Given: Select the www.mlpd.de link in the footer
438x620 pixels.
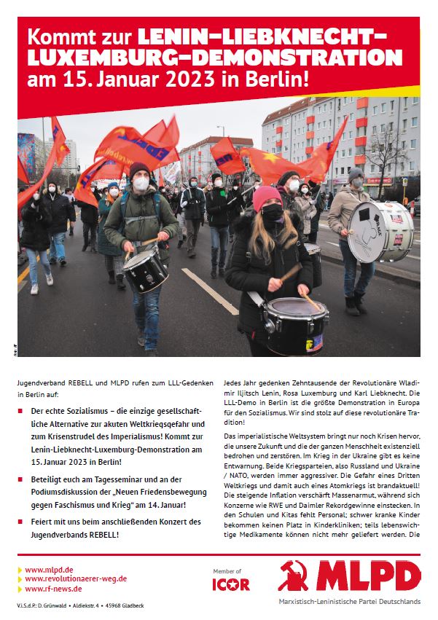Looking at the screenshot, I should [x=48, y=569].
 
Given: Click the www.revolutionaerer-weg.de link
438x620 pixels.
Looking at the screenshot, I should [x=76, y=578].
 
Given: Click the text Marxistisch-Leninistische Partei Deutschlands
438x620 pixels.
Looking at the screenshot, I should [x=350, y=601].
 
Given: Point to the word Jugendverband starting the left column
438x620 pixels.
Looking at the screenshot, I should [x=42, y=381].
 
